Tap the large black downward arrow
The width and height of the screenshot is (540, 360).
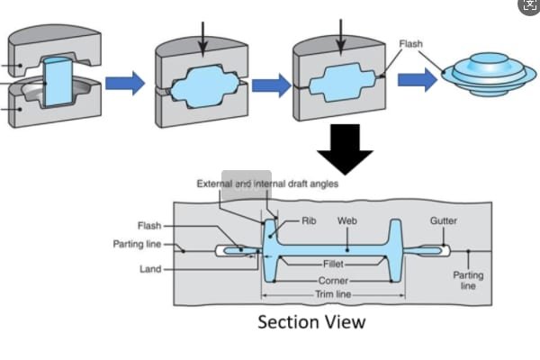[345, 148]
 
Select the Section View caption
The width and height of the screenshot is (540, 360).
[311, 321]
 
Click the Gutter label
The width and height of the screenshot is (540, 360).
[444, 220]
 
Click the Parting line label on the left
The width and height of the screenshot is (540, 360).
[137, 244]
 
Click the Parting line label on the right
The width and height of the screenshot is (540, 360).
[468, 280]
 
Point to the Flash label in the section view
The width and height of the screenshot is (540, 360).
[149, 226]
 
